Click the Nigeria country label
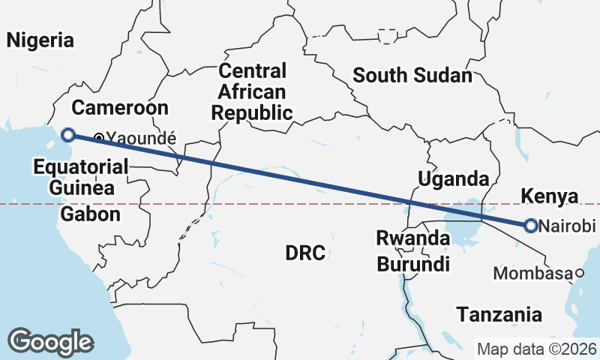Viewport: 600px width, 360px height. click(x=40, y=40)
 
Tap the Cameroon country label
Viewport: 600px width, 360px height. click(x=120, y=106)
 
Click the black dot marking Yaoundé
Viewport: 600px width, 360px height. click(x=99, y=137)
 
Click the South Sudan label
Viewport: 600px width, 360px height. click(x=412, y=75)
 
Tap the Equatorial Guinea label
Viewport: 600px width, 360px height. click(x=74, y=177)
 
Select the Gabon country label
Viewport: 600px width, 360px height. click(x=90, y=214)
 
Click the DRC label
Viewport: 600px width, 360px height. click(x=305, y=253)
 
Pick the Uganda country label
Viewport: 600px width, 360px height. click(x=453, y=179)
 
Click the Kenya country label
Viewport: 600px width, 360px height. click(x=550, y=197)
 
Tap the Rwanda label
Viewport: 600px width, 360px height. click(x=413, y=238)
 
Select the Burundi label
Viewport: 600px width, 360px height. click(x=413, y=264)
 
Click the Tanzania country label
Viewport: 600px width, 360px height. click(x=499, y=314)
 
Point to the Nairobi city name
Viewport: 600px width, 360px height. click(x=567, y=226)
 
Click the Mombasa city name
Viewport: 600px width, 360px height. click(x=532, y=274)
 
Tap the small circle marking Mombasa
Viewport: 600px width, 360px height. click(x=579, y=274)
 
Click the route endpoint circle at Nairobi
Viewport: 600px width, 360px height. click(x=530, y=225)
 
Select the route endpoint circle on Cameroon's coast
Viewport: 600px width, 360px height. click(x=68, y=135)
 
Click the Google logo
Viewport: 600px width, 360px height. click(x=51, y=342)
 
